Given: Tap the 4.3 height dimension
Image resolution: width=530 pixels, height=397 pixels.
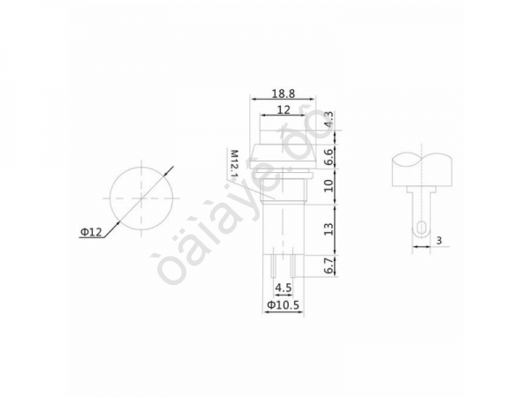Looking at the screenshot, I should (330, 120).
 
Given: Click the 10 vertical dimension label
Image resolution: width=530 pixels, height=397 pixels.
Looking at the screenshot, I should (330, 187).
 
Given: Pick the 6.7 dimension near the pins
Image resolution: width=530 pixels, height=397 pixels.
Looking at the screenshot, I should (330, 267).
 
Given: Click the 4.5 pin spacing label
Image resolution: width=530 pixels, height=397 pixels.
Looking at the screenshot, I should (284, 288).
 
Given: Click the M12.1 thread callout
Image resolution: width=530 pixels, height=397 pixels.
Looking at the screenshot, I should (235, 166).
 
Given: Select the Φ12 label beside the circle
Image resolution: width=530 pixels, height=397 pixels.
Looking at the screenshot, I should (92, 232).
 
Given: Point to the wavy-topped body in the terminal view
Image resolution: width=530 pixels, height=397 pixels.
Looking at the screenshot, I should (422, 168).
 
